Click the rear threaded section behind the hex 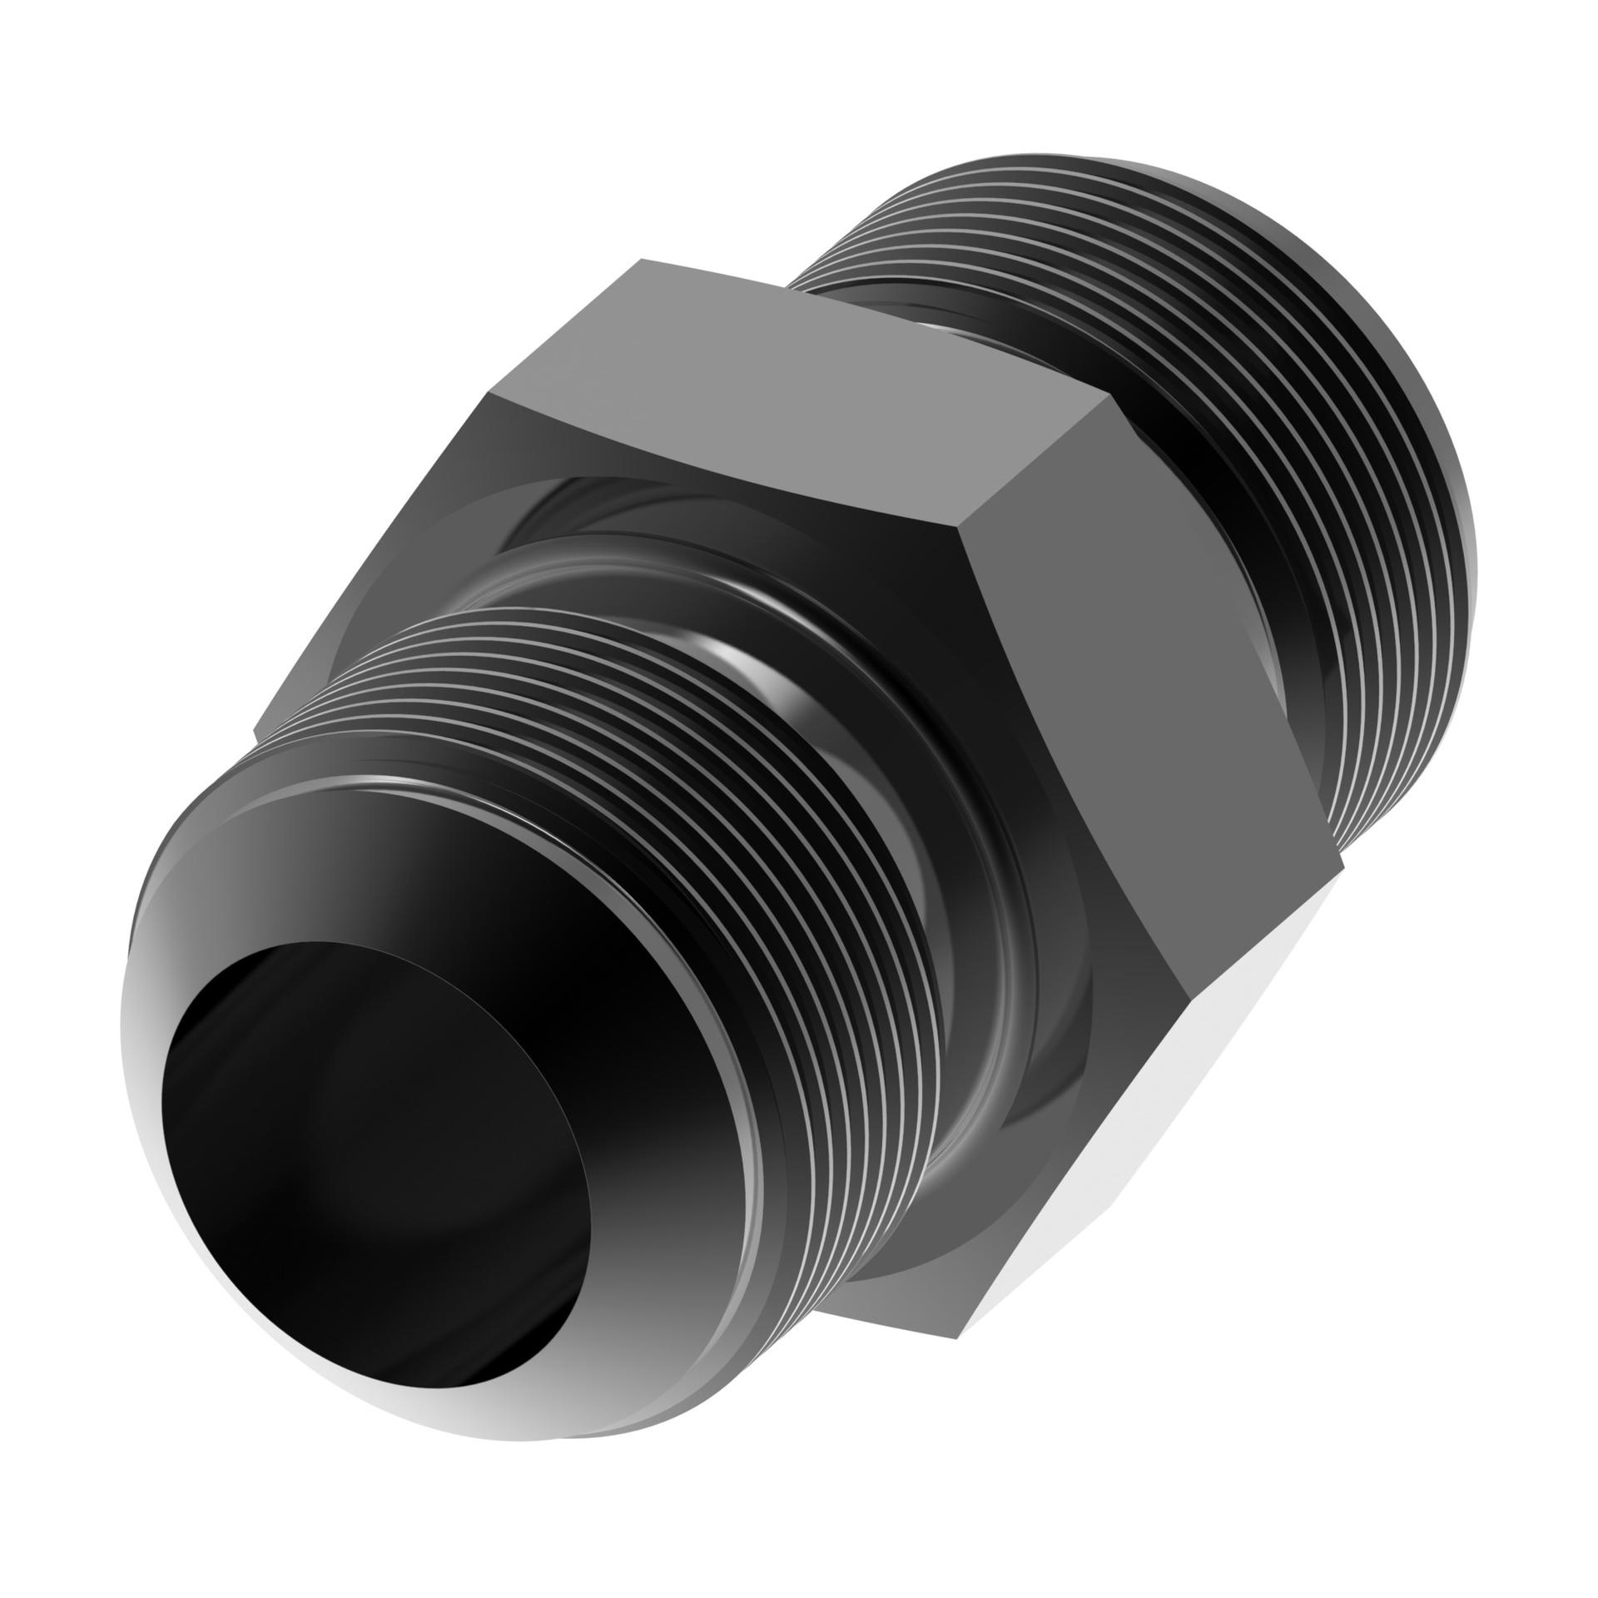[1248, 416]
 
